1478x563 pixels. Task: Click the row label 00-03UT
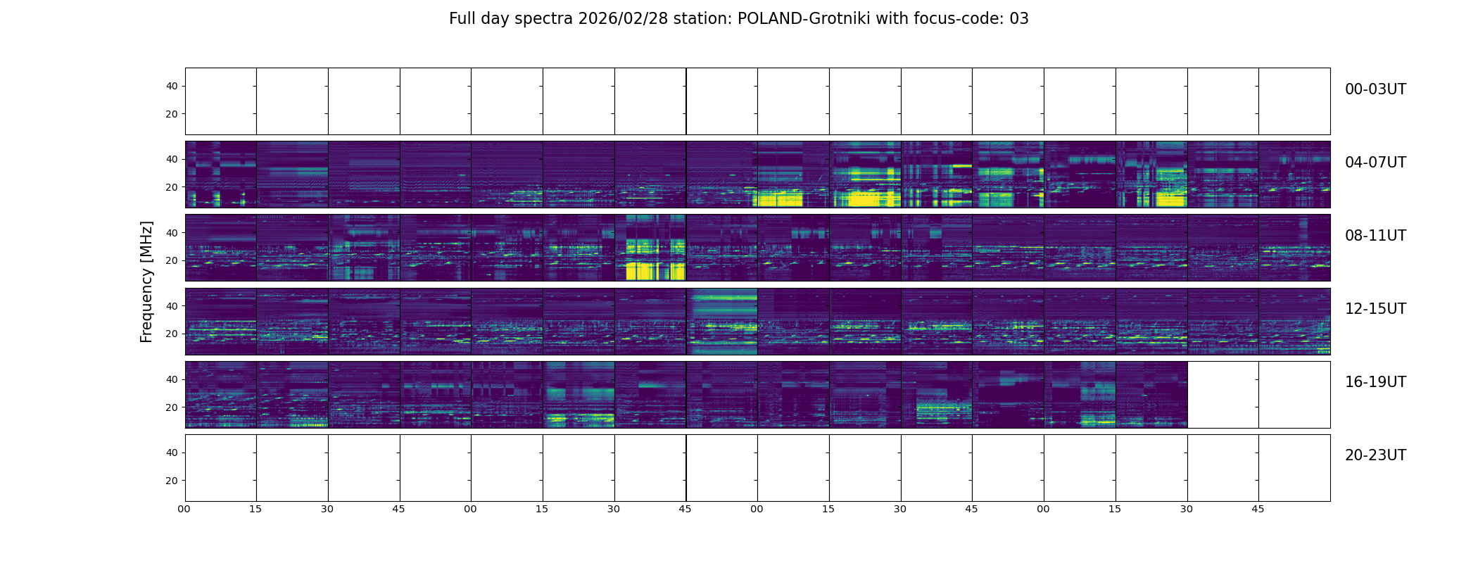pos(1375,89)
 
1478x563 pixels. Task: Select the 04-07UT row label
pos(1375,163)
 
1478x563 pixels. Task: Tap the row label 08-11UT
pos(1375,236)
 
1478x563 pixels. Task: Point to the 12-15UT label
pos(1375,309)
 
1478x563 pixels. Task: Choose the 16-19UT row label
pos(1375,382)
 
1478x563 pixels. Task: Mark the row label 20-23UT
pos(1375,455)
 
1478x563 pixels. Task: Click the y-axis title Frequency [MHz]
pos(146,281)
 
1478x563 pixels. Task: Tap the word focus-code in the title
pos(959,19)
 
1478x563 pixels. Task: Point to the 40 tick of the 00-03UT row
pos(172,87)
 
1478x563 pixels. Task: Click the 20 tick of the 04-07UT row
pos(172,187)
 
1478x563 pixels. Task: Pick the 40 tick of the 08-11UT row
pos(172,233)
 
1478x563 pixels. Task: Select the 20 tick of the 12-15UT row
pos(172,334)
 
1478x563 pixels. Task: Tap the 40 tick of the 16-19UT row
pos(172,379)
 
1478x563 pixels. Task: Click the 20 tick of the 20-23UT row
pos(172,481)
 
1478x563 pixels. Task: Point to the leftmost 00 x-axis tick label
pos(184,509)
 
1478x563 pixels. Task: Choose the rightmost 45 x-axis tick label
pos(1258,509)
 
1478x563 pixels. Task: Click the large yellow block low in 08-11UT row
pos(655,271)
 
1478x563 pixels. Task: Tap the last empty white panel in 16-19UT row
pos(1294,394)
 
